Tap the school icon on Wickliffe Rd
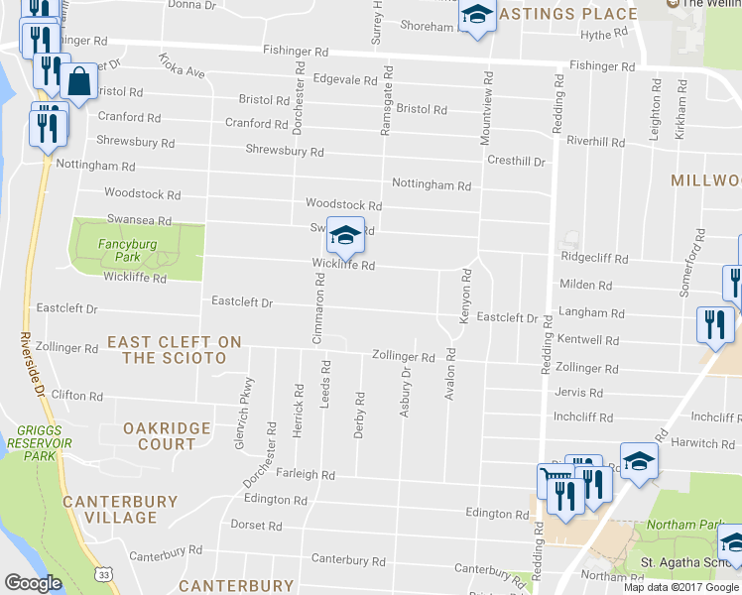click(345, 236)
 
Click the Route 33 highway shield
click(104, 574)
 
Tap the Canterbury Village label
click(120, 510)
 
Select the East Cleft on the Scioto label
click(175, 349)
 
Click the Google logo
click(33, 582)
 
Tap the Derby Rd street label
click(360, 415)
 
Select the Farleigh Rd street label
click(306, 475)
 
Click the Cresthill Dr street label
click(516, 161)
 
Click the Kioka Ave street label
click(181, 67)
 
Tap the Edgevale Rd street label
click(342, 78)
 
